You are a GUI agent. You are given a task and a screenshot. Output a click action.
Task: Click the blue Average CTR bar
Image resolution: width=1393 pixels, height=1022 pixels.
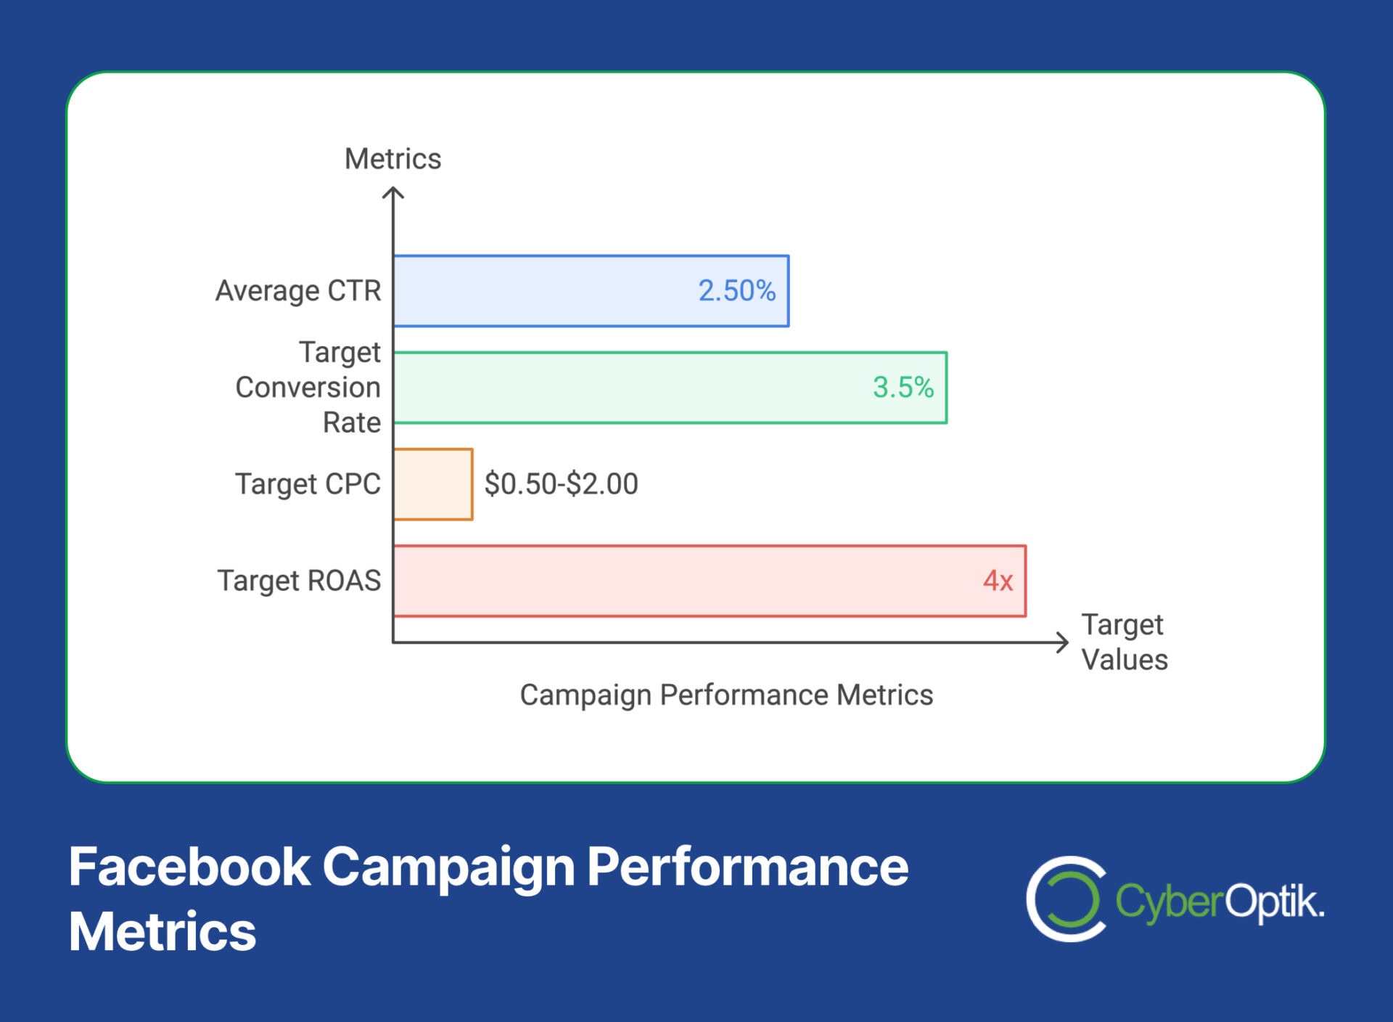[544, 291]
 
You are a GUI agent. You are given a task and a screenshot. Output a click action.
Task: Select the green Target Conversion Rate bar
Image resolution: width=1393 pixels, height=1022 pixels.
[624, 388]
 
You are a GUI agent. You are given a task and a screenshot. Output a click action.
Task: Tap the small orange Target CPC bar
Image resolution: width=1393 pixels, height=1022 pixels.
[433, 484]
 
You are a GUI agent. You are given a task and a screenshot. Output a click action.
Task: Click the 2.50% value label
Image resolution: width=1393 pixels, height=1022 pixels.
[736, 291]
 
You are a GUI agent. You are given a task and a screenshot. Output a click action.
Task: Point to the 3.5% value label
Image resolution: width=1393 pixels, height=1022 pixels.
[903, 388]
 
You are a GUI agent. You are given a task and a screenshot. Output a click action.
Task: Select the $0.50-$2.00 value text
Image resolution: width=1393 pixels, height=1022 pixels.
[561, 484]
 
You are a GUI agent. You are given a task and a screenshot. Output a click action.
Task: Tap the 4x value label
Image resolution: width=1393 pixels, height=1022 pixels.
[998, 581]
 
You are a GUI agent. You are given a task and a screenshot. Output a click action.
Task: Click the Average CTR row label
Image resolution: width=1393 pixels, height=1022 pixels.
[298, 291]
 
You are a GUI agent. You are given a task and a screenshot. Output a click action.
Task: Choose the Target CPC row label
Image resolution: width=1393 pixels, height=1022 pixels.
[308, 484]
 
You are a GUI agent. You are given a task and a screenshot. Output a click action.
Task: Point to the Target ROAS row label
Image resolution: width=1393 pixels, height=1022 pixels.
[299, 581]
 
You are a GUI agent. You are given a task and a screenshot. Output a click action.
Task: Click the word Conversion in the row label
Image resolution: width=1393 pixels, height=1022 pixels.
[308, 388]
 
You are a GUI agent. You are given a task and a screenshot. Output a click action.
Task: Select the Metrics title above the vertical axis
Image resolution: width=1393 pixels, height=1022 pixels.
[393, 159]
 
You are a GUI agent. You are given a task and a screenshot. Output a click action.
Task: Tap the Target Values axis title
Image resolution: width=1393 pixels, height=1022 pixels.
[1124, 642]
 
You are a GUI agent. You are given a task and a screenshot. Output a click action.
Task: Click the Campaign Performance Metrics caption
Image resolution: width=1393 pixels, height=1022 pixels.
[726, 695]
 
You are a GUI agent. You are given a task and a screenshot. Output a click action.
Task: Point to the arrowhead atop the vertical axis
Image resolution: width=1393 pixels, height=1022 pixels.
[393, 192]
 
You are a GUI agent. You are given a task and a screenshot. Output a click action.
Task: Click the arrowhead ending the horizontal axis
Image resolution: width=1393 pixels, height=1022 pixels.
[1063, 642]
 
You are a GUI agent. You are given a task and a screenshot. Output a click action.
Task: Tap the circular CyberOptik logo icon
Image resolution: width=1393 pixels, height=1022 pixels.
[1066, 899]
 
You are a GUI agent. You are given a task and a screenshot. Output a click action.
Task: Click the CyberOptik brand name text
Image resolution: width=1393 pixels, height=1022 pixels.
[1219, 902]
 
